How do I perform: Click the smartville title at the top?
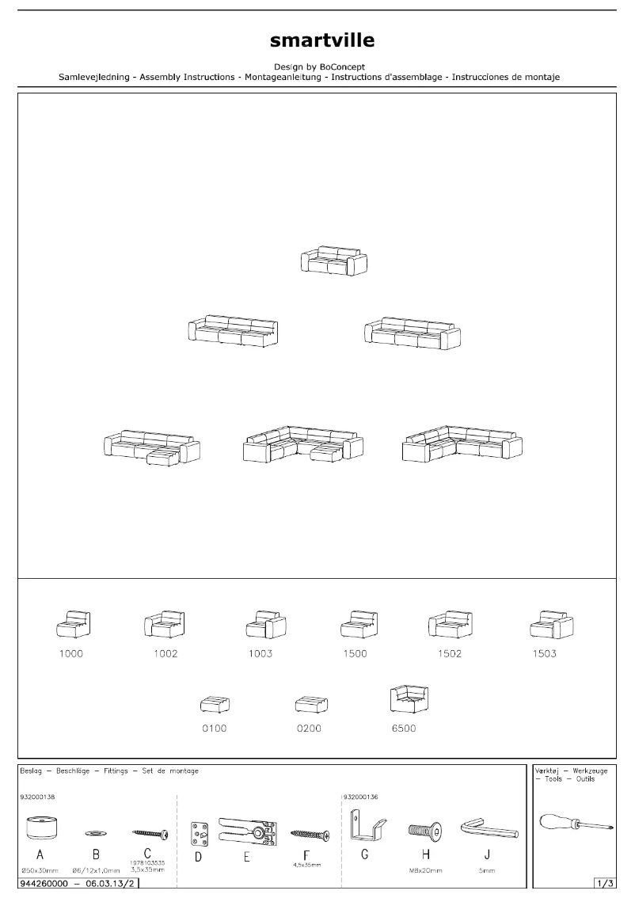(321, 40)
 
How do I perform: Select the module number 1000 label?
(70, 654)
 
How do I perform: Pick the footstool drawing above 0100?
(214, 704)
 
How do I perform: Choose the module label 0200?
(309, 729)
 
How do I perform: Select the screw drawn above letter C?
(149, 833)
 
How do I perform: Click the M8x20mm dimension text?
(424, 870)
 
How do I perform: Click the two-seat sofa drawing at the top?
(333, 261)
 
